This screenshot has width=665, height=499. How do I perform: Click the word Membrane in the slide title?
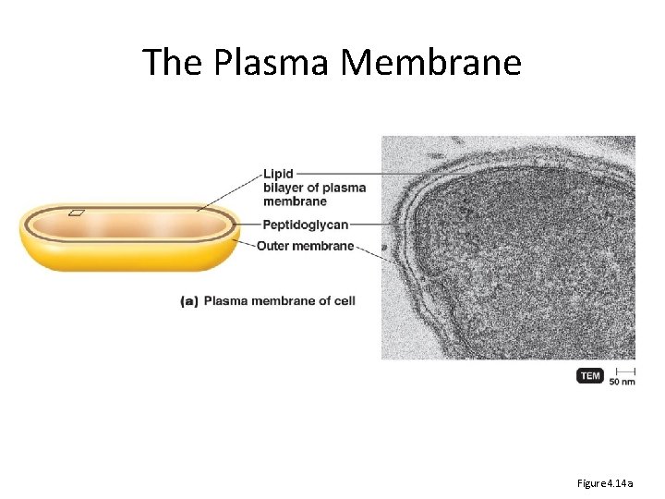(431, 63)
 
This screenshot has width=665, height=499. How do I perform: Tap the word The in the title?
(174, 63)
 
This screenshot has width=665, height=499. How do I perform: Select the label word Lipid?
(278, 174)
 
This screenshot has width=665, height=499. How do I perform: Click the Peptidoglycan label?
(305, 225)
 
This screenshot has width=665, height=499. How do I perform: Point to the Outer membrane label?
(305, 246)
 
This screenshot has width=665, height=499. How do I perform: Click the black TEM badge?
(590, 376)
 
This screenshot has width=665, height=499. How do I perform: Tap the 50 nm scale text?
(622, 380)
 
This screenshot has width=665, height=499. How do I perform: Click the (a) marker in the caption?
(189, 300)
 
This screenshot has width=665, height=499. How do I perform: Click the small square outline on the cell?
(76, 213)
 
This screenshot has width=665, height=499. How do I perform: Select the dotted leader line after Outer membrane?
(369, 249)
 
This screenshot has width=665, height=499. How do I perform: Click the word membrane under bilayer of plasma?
(295, 201)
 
